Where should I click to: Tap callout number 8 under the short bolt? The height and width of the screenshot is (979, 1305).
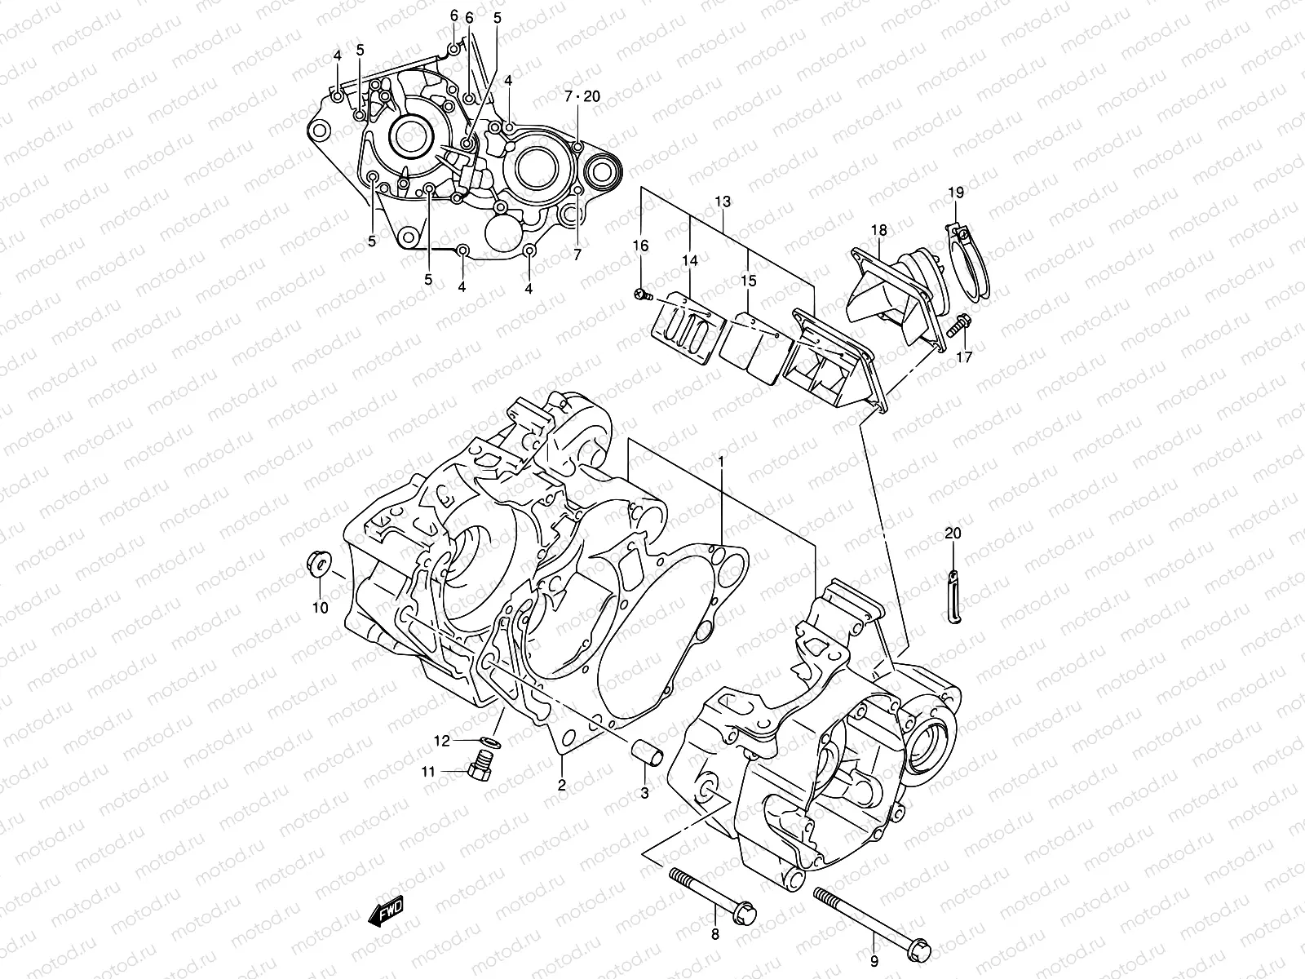(x=714, y=935)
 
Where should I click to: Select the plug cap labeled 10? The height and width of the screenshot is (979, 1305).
(x=318, y=565)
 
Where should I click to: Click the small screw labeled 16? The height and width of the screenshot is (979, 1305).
(x=642, y=293)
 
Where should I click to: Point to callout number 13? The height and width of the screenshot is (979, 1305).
(x=723, y=202)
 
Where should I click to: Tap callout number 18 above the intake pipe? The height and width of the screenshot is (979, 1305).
(x=878, y=231)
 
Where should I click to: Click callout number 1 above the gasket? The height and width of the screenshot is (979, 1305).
(x=721, y=462)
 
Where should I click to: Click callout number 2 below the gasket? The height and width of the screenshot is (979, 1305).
(x=561, y=786)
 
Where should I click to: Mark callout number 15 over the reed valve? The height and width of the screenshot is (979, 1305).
(x=749, y=281)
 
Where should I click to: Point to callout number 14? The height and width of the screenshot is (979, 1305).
(x=691, y=261)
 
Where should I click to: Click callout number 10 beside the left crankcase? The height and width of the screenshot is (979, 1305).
(x=320, y=608)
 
